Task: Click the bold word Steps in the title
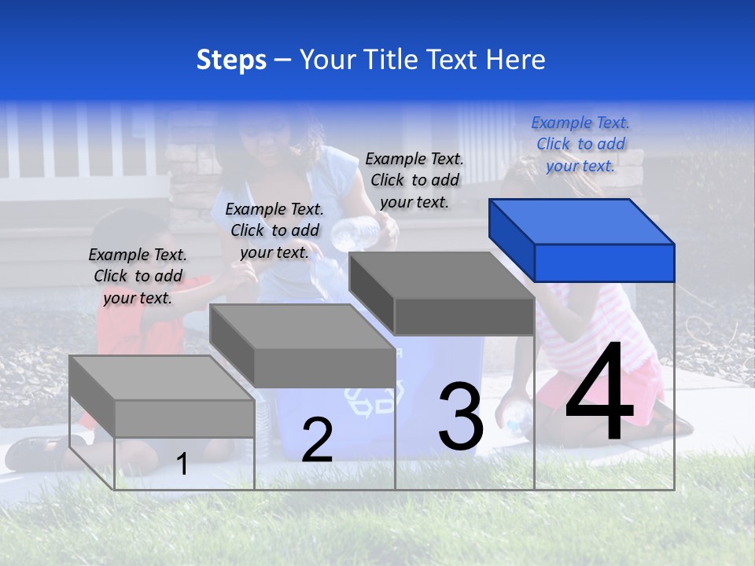(x=231, y=60)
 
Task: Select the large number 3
(x=461, y=417)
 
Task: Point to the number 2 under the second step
(x=317, y=440)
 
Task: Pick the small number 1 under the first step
(x=182, y=464)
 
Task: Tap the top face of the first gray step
(x=161, y=377)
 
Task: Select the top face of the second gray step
(x=302, y=325)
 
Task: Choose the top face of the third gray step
(x=442, y=274)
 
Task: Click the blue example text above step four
(x=580, y=144)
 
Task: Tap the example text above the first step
(x=138, y=276)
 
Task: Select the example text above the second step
(x=274, y=230)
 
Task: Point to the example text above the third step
(x=414, y=180)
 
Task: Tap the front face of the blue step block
(x=604, y=263)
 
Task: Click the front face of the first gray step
(x=184, y=418)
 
